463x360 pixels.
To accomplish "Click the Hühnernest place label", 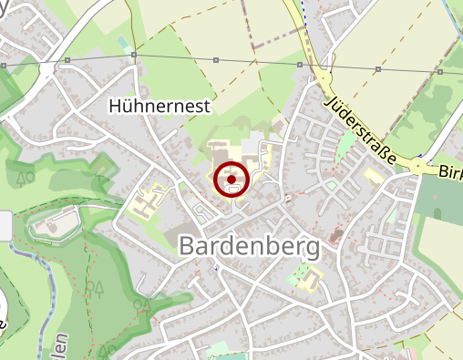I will click(159, 106).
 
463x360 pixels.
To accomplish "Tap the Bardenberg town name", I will click(249, 246).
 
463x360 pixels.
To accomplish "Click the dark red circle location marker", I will click(231, 180).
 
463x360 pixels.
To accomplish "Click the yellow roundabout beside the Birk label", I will click(418, 167).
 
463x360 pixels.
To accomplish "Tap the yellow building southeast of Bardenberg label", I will click(310, 277).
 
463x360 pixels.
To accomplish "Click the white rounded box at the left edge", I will click(5, 225).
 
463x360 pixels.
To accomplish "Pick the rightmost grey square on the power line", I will click(440, 71).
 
